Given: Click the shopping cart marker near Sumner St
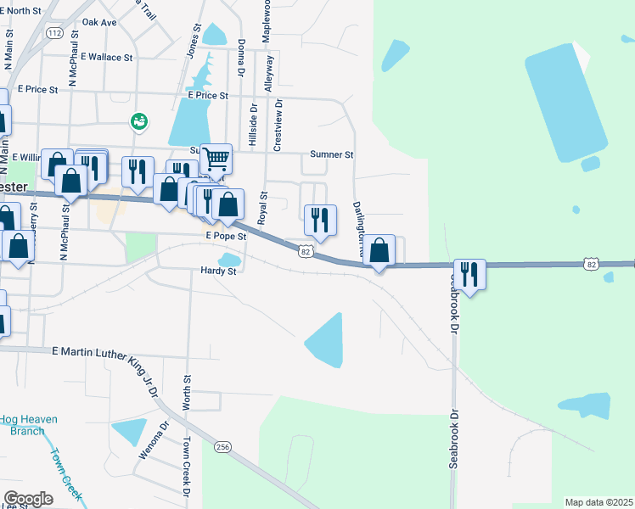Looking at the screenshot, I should tap(216, 158).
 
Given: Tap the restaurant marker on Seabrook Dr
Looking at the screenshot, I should tap(469, 274).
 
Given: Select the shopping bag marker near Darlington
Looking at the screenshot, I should tap(380, 250).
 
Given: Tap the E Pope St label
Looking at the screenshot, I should tap(226, 237).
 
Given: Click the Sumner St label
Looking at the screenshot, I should tap(331, 154).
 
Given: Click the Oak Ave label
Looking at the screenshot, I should tap(99, 22).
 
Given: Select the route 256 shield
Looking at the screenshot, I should tap(222, 446).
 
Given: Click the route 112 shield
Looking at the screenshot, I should tap(55, 32).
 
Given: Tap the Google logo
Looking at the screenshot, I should tap(28, 499).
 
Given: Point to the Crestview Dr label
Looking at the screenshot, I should tap(277, 124).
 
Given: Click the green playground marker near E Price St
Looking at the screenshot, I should tap(138, 122).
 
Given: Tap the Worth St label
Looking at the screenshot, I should tap(185, 391).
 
